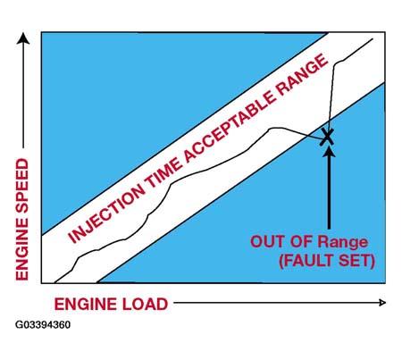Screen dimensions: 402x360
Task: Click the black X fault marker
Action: [x=327, y=137]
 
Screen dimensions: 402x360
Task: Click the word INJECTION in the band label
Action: [x=106, y=213]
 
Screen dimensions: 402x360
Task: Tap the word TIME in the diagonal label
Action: [x=163, y=172]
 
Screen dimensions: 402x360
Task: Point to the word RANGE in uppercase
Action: [x=303, y=78]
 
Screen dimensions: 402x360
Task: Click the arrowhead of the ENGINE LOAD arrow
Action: [x=382, y=303]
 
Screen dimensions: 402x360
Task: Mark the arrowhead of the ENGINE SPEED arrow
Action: [x=23, y=38]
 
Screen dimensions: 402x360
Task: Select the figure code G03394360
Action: [x=43, y=324]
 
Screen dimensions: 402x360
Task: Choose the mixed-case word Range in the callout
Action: [x=343, y=243]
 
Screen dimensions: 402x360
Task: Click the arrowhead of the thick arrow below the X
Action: [x=329, y=150]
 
